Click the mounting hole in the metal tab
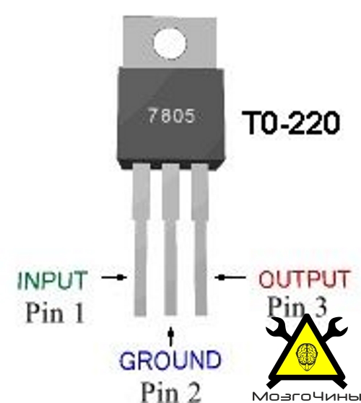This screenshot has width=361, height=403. point(170,43)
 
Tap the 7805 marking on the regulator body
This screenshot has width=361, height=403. point(171,115)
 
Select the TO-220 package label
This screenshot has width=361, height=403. point(291,123)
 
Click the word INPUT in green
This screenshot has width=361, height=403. point(52,280)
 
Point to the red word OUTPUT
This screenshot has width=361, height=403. point(304,279)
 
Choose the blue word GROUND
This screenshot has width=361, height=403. point(170,360)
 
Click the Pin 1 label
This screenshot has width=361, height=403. point(55,313)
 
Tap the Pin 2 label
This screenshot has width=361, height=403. point(171,392)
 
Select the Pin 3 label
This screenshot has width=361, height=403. point(297,306)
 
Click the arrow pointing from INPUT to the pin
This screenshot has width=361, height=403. point(114,277)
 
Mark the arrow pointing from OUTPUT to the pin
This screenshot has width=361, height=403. point(230,278)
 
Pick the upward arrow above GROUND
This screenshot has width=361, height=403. point(170,336)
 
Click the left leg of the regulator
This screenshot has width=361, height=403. point(141,240)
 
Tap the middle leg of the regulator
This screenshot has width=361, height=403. point(170,240)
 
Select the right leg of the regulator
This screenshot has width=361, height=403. point(200,240)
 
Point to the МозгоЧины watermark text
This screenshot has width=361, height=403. point(306,397)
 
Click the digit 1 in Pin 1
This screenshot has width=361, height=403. point(78,313)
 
